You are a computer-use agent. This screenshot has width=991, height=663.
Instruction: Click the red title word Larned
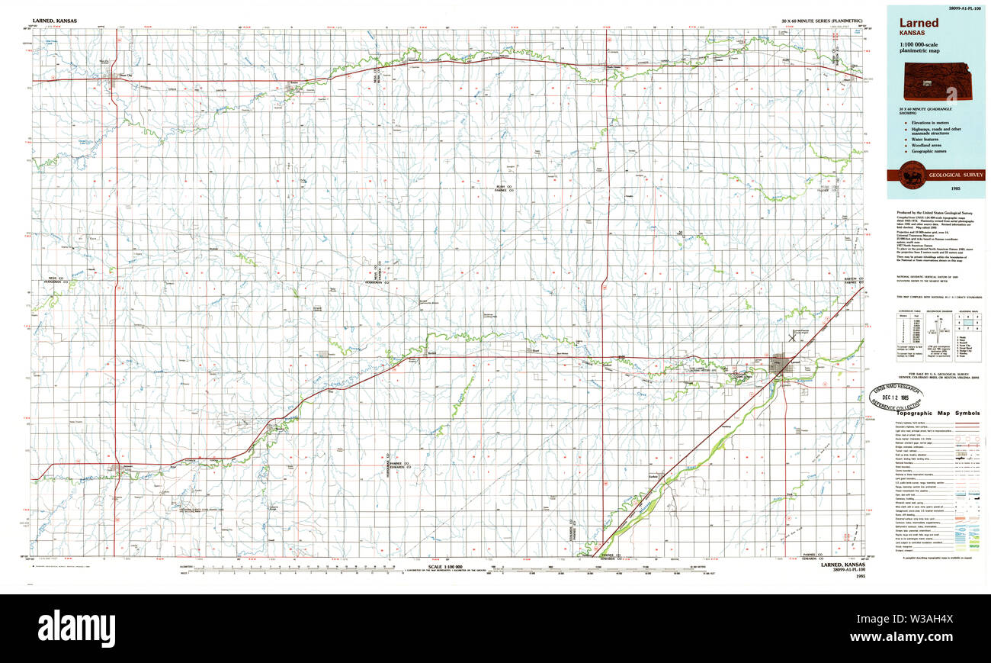[918, 23]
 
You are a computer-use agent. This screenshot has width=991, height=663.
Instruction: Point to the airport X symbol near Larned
[792, 336]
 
